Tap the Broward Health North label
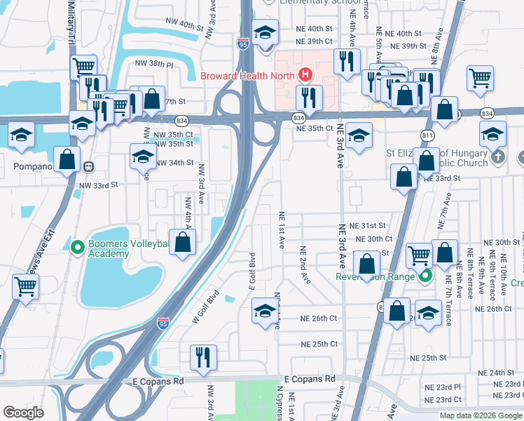coord(248,76)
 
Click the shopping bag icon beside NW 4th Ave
coord(182,243)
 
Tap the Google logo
coord(23,413)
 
